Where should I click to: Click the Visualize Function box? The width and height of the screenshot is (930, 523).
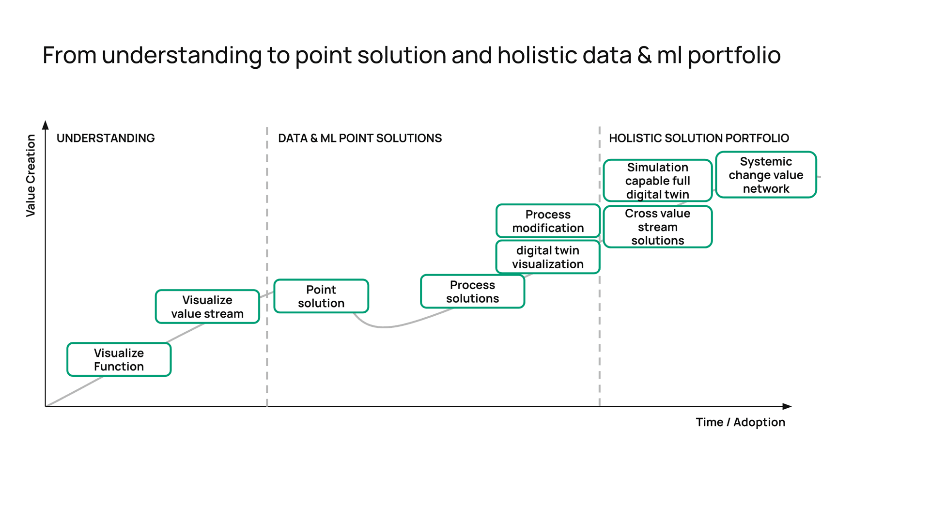point(119,359)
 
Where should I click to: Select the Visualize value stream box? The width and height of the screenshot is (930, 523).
point(207,307)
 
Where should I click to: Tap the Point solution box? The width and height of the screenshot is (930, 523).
point(321,296)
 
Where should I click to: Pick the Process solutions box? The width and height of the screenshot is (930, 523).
point(472,292)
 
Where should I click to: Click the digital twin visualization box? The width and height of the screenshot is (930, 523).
point(548,257)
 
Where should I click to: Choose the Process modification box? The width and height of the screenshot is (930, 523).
point(548,221)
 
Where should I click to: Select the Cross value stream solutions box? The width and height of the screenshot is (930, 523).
point(657,227)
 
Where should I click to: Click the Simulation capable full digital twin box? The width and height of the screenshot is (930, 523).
point(657,180)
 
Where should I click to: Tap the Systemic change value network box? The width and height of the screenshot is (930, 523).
point(766,175)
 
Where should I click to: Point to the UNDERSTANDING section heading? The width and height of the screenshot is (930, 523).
point(106,138)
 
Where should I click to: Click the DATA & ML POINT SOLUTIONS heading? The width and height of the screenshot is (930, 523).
point(359,138)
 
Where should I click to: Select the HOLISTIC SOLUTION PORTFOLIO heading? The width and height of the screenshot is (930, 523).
point(698,138)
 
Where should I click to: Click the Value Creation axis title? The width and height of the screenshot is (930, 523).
point(31,175)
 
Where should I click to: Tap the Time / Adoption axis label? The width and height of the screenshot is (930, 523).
point(740,422)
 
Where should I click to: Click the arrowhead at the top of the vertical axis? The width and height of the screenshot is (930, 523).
point(46,125)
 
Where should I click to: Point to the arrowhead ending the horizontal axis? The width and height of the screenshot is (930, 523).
point(787,406)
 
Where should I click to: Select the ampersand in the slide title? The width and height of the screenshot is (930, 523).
point(644,55)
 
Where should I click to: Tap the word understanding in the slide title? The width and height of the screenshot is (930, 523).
point(182,56)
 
